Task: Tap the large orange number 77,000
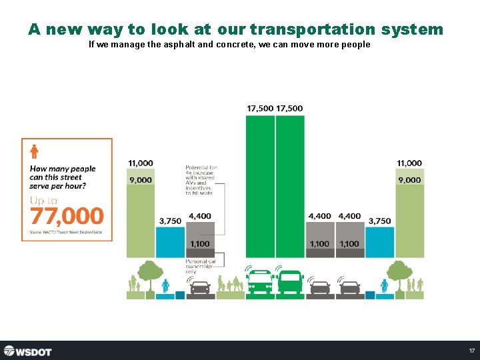67,216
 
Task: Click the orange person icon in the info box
34,152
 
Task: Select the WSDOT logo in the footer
27,351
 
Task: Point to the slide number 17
471,351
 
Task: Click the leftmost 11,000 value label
140,163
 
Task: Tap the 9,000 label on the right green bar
409,180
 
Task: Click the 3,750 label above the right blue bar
379,221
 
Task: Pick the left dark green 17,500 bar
260,187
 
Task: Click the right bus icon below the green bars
291,282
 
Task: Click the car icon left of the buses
200,287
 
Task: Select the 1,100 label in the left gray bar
200,244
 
